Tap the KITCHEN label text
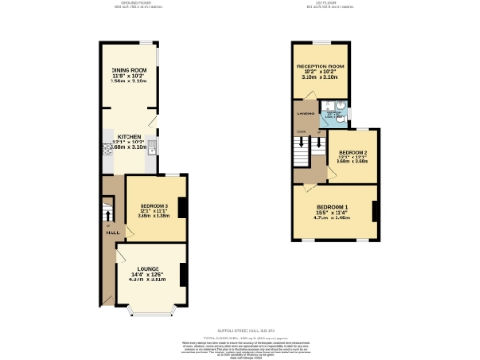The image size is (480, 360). click(128, 137)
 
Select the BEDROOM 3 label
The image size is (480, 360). click(155, 205)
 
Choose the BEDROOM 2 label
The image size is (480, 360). click(352, 151)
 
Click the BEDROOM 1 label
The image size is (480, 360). click(332, 206)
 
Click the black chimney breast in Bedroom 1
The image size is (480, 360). click(374, 211)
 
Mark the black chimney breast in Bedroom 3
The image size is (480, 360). click(183, 208)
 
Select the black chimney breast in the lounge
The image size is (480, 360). click(183, 273)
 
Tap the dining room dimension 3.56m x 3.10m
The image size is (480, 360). click(129, 82)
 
